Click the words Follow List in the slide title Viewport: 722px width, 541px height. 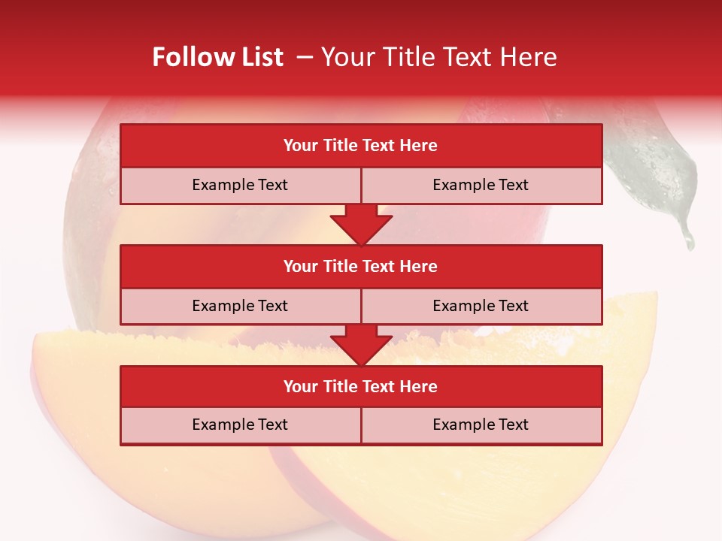pos(217,57)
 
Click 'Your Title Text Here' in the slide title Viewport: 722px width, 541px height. pos(438,57)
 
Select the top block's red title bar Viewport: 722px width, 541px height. pos(361,146)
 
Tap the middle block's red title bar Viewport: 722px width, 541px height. pos(361,266)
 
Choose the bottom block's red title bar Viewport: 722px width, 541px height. pos(361,386)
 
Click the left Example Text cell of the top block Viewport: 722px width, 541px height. pos(240,186)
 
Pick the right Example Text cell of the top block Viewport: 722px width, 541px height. pos(481,186)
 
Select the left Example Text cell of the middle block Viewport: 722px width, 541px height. pos(240,306)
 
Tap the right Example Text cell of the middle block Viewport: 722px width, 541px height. pos(481,306)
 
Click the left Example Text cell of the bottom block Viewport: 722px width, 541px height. pos(240,425)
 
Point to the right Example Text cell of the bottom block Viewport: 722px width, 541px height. pos(481,425)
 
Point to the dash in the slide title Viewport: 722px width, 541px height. pos(305,57)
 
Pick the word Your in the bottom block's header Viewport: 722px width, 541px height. pos(301,386)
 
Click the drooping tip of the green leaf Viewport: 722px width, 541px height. pos(687,239)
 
